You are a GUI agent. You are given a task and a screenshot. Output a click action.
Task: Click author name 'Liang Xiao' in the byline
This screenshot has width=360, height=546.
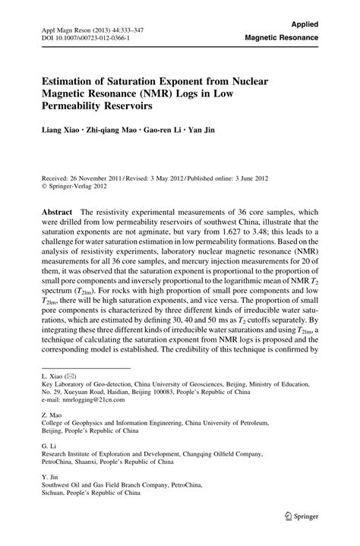click(x=61, y=130)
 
